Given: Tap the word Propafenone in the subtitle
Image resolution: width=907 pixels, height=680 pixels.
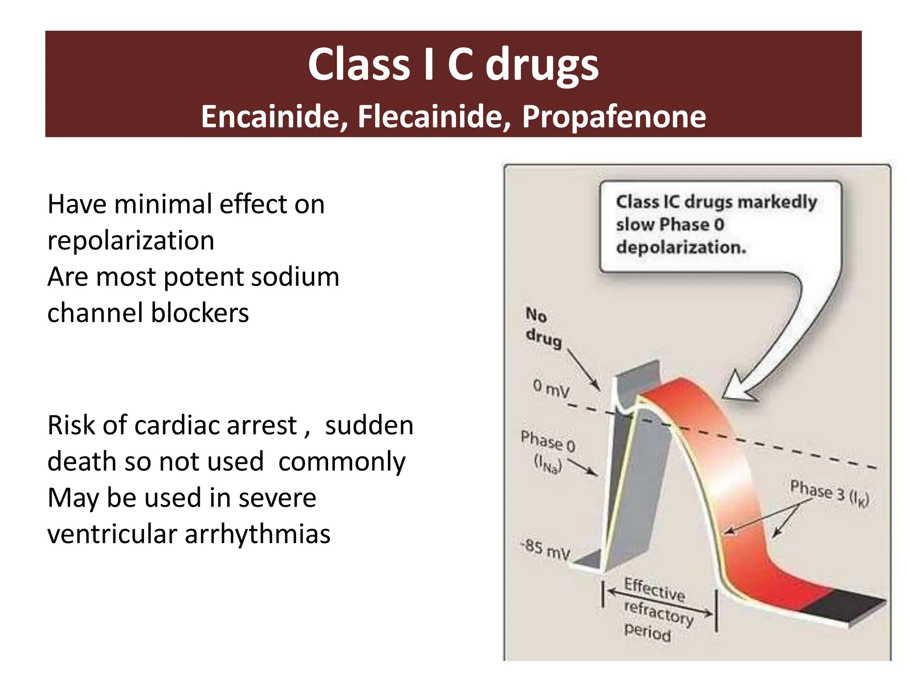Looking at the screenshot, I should (x=614, y=116).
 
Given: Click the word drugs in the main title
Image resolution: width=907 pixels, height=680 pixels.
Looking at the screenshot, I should (x=542, y=66).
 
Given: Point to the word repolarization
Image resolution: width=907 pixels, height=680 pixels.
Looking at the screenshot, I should (x=131, y=241).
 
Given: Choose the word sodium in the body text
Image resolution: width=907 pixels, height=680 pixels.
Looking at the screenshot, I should (x=295, y=277).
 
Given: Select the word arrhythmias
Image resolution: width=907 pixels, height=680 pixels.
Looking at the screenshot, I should (x=257, y=534).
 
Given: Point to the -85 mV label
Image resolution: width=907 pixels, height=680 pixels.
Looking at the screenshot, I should (x=546, y=550).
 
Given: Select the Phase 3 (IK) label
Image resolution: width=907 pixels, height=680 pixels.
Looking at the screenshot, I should (x=829, y=492).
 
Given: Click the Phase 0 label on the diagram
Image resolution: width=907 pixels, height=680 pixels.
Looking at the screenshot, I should (x=548, y=442).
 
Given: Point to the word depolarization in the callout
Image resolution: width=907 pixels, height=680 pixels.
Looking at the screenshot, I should (x=681, y=247).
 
